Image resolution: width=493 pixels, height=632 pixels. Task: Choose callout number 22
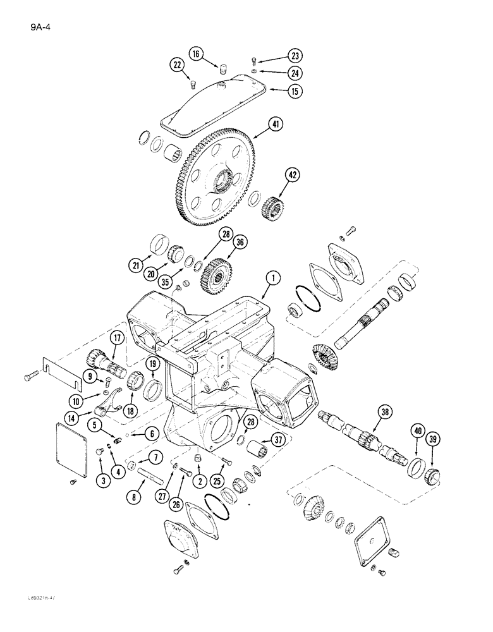coord(176,64)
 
